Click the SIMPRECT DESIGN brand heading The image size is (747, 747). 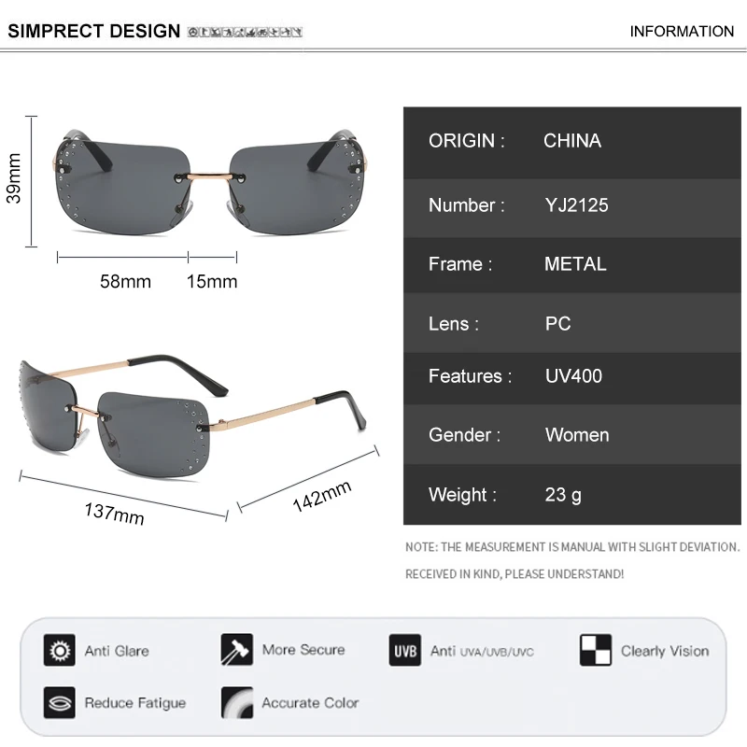93,31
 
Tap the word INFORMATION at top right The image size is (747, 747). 682,31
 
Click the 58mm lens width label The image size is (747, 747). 125,281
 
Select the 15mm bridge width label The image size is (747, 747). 212,281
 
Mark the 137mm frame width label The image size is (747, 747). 115,513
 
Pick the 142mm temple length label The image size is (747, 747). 321,496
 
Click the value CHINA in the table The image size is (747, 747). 572,141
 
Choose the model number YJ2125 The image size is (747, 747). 576,204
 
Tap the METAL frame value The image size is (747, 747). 575,264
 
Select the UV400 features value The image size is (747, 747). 573,376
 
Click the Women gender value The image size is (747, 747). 577,435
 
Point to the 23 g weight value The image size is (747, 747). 563,495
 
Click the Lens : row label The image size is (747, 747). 454,324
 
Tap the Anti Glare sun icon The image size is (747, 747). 60,650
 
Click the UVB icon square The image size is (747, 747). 404,650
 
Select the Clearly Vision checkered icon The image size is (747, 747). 595,650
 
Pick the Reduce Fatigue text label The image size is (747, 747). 135,703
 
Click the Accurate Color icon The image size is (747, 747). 237,703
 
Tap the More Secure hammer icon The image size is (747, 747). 237,650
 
